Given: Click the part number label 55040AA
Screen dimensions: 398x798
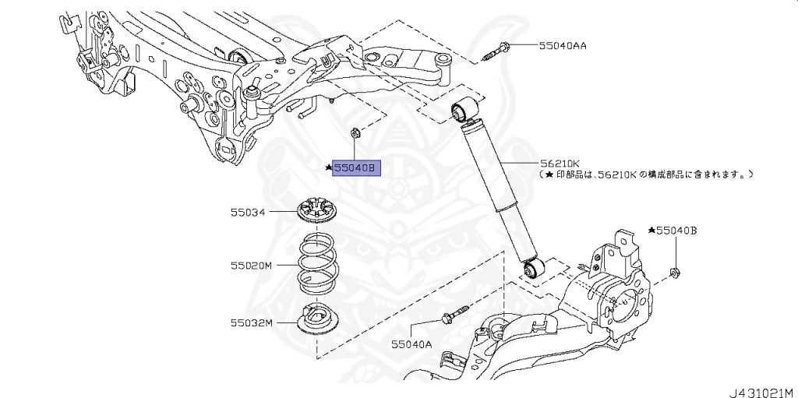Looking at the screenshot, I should point(563,46).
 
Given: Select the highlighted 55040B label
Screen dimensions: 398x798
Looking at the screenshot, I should point(356,167).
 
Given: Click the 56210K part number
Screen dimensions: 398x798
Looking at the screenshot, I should point(560,164).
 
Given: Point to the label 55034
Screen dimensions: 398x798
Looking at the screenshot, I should point(247,212).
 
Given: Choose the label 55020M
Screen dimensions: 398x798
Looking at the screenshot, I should point(251,266).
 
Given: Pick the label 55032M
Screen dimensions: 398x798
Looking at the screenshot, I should point(251,322).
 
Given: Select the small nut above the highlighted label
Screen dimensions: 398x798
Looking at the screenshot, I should point(354,134).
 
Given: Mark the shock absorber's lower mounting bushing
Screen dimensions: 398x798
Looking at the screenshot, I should point(534,269).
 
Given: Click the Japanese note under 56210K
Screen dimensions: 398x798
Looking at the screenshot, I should point(646,175).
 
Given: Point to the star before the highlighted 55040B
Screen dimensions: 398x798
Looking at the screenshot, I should point(330,167).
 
